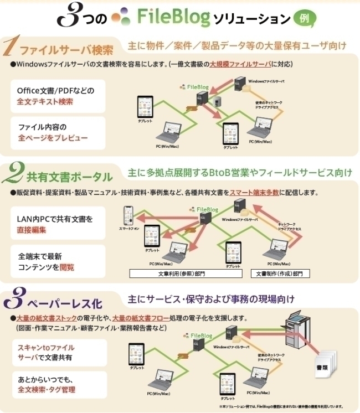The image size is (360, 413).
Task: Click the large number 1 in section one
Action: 11,48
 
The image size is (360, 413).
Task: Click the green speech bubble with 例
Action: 305,19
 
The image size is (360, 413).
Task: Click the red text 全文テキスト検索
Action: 45,101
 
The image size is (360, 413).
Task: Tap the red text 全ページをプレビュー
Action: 53,137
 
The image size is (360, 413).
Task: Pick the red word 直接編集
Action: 32,230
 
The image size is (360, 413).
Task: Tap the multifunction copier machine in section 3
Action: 299,332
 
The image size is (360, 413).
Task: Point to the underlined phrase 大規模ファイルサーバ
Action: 240,64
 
